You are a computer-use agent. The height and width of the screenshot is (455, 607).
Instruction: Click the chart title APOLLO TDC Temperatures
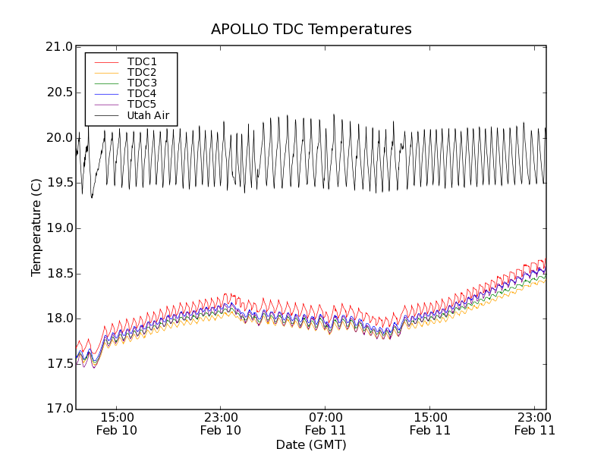point(311,30)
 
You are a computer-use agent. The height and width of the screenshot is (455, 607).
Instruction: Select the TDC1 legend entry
point(142,61)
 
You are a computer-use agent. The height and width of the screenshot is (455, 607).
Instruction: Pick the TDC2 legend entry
point(142,72)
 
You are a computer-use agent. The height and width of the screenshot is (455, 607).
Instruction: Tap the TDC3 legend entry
point(142,83)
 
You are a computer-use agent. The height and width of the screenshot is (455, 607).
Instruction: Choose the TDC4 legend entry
point(142,94)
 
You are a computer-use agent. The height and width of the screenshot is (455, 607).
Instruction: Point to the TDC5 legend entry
point(142,105)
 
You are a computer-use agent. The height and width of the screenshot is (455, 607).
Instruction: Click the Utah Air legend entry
point(148,116)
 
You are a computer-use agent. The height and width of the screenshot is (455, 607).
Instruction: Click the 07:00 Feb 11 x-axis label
point(326,423)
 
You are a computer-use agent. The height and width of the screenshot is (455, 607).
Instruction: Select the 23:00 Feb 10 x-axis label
point(221,423)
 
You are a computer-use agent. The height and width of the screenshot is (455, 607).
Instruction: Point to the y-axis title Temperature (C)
point(36,227)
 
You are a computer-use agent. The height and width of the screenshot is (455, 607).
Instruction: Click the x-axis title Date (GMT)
point(311,444)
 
